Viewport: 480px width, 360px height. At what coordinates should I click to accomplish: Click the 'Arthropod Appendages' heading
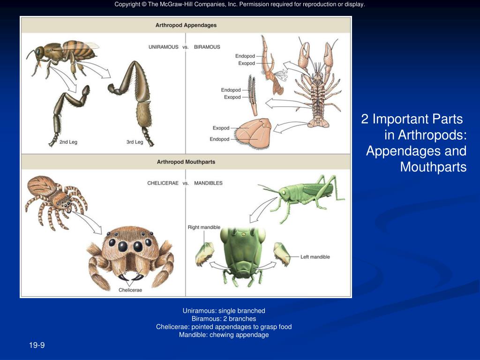[186, 25]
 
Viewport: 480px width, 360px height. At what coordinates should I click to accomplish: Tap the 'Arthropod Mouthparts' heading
[186, 162]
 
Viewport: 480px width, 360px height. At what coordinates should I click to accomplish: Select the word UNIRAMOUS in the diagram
[163, 47]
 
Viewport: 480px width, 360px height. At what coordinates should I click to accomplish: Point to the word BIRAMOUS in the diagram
[207, 47]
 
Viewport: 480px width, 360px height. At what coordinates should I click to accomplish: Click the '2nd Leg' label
[68, 142]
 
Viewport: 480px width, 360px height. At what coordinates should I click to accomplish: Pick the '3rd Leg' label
[135, 142]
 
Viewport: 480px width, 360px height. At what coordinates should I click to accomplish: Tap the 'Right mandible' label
[204, 227]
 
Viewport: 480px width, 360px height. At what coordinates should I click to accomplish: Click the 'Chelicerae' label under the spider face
[130, 290]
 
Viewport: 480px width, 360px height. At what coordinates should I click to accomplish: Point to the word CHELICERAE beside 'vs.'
[163, 183]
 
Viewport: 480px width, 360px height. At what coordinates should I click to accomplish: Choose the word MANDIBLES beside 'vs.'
[208, 183]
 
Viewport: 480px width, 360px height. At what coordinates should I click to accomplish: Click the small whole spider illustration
[54, 199]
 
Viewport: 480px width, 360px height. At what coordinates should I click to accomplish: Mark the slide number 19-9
[37, 345]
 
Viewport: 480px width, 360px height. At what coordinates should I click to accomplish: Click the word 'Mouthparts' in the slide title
[433, 167]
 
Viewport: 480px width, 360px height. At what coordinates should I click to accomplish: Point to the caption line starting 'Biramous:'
[224, 319]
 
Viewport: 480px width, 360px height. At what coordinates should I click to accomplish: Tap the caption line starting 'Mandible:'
[224, 335]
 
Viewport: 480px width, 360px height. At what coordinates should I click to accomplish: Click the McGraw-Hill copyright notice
[240, 5]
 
